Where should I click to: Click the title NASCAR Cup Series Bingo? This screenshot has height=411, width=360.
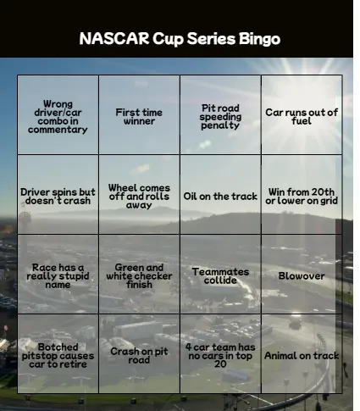180,39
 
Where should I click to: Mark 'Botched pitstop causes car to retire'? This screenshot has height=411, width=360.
58,353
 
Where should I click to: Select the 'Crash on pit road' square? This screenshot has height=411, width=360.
139,353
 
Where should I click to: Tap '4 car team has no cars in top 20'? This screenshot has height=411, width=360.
220,353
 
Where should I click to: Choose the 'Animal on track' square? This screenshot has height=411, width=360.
302,353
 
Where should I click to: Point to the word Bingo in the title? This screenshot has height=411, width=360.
258,40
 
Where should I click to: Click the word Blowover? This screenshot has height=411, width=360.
302,275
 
